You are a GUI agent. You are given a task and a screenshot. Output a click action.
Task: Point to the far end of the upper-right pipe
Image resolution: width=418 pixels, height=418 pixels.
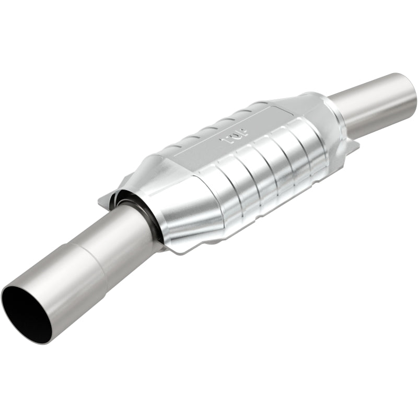point(408,89)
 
